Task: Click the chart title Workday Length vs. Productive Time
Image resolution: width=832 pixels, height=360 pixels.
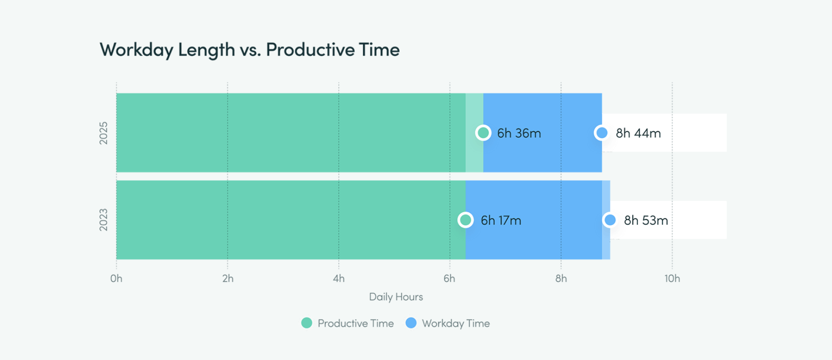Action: (x=250, y=50)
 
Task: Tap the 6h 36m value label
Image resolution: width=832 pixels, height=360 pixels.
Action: (x=519, y=133)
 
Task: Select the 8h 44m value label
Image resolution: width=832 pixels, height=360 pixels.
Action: (x=638, y=133)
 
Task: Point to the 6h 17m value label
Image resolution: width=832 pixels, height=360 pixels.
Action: (x=501, y=221)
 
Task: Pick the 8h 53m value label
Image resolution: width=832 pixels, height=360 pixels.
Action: (x=646, y=221)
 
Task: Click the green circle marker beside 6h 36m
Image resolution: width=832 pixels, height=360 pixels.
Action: (x=483, y=133)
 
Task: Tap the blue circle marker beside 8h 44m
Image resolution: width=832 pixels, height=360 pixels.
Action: (x=601, y=133)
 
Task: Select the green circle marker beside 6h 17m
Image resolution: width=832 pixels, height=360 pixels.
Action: (x=466, y=220)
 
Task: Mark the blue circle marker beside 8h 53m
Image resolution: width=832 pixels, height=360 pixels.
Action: (x=610, y=220)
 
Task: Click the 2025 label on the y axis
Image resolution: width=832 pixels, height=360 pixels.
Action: (x=103, y=133)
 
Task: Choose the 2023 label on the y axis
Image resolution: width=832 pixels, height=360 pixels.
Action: (x=103, y=220)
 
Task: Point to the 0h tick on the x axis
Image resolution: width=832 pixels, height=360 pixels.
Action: (x=116, y=278)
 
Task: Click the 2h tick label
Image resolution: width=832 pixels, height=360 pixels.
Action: (x=228, y=278)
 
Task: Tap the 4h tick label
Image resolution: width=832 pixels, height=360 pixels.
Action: (x=339, y=278)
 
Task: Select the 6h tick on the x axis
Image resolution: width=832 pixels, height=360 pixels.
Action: (x=449, y=278)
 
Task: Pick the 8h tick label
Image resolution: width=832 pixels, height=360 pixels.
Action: (x=561, y=278)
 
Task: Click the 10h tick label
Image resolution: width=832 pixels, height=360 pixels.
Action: (x=672, y=278)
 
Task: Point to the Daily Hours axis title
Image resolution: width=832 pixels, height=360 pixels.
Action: (x=396, y=297)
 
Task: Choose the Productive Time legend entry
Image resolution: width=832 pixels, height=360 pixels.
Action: (x=347, y=323)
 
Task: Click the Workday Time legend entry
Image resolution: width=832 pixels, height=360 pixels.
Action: (x=448, y=323)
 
